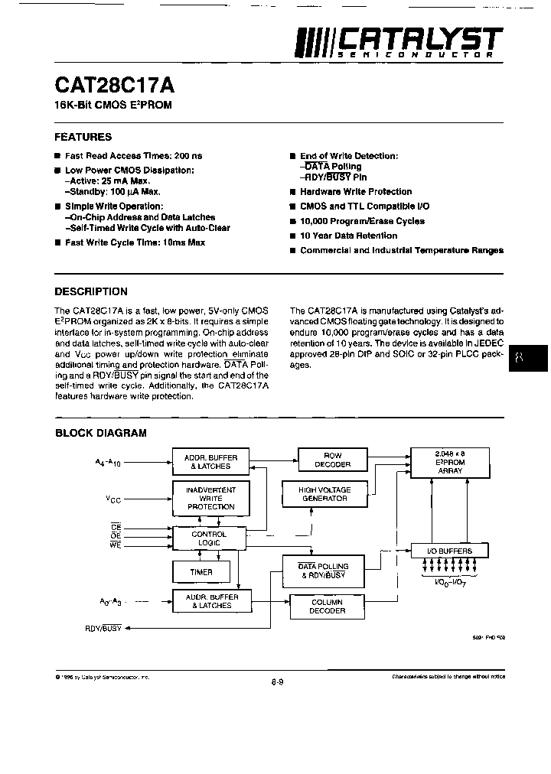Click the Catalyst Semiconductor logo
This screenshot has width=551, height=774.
click(x=400, y=44)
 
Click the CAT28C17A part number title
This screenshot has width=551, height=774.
click(x=109, y=83)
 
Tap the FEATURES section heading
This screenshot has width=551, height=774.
click(x=83, y=137)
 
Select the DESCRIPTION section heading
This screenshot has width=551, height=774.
click(x=91, y=291)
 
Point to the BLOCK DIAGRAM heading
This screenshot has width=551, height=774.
click(x=100, y=433)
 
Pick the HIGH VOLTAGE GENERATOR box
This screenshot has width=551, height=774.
click(x=324, y=494)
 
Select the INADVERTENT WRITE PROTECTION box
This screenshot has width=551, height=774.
click(x=210, y=498)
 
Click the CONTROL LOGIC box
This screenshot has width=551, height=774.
click(x=208, y=538)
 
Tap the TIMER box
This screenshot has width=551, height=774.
click(x=201, y=571)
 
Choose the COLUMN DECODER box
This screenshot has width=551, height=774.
click(x=328, y=607)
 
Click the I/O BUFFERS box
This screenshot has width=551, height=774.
click(x=449, y=550)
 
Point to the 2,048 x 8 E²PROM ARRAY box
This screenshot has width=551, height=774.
click(x=449, y=462)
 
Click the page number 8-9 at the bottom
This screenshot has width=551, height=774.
click(x=277, y=682)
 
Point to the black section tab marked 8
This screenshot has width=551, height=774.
click(x=529, y=357)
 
